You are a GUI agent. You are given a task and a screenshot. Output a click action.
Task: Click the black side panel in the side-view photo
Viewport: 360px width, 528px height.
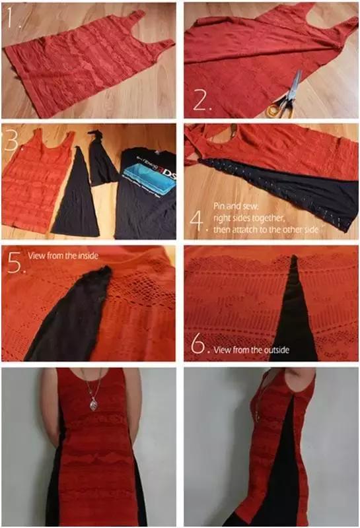[287, 462]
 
